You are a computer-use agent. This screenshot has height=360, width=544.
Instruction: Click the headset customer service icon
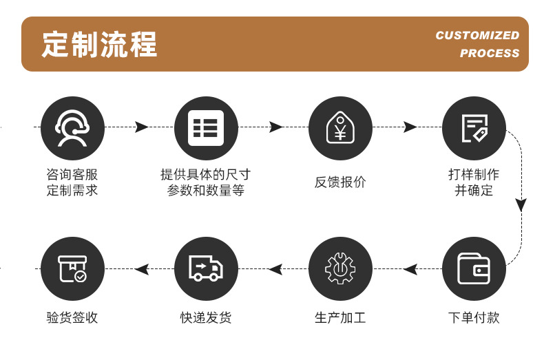point(72,128)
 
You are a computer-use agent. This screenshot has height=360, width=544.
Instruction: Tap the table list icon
point(206,128)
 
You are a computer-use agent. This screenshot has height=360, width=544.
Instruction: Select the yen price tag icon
point(340,128)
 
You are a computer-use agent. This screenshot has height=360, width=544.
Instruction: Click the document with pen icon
point(474,128)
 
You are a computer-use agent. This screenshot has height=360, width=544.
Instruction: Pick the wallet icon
point(474,268)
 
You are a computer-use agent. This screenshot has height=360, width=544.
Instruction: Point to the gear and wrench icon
point(340,268)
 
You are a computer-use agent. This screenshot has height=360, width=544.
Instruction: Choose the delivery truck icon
point(206,268)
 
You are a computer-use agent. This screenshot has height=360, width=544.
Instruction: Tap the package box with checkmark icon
point(72,268)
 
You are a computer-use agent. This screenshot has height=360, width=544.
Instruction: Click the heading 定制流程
point(101,44)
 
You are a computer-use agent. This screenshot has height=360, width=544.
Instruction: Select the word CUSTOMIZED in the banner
point(477,35)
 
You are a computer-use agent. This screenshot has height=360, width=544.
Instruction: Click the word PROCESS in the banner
point(490,53)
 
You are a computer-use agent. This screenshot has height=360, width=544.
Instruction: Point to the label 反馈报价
point(340,182)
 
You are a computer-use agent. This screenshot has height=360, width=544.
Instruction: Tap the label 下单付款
point(474,318)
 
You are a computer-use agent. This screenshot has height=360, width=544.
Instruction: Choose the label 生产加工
point(340,318)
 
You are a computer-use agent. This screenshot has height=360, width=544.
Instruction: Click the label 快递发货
point(206,318)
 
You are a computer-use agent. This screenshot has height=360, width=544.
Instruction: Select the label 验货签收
point(72,318)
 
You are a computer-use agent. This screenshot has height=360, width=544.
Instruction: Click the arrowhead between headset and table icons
point(142,127)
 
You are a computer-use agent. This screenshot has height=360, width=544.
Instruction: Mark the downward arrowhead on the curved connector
point(521,204)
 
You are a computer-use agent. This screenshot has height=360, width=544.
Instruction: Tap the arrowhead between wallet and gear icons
point(410,269)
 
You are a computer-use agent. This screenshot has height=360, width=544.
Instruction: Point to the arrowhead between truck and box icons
point(142,269)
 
